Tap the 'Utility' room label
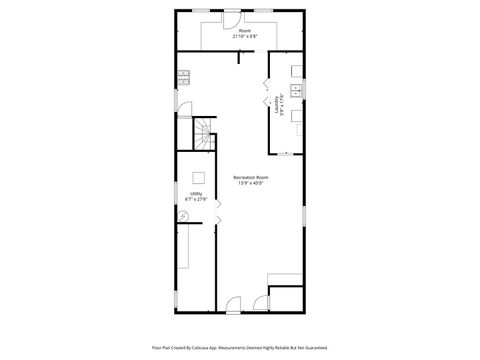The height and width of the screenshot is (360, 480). pyautogui.click(x=196, y=194)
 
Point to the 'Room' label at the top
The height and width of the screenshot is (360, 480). pyautogui.click(x=240, y=30)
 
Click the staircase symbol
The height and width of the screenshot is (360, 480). pyautogui.click(x=203, y=133)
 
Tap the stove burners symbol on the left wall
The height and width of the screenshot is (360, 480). pyautogui.click(x=183, y=75)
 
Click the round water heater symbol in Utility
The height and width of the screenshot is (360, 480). pyautogui.click(x=183, y=216)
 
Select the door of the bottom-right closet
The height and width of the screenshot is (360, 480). pyautogui.click(x=261, y=301)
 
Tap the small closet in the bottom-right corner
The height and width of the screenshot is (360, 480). pyautogui.click(x=287, y=298)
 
